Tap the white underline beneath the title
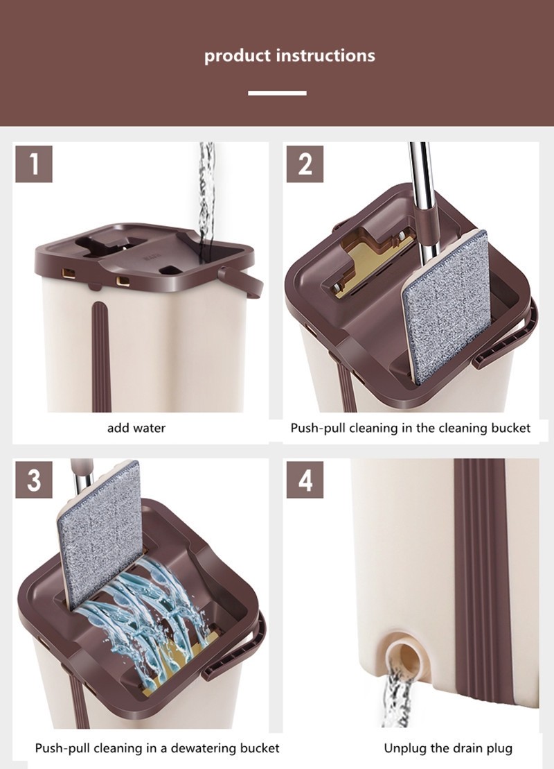pos(277,93)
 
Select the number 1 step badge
pos(34,164)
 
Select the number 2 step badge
pos(305,164)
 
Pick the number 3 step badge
pos(34,480)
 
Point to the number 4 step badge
pos(305,480)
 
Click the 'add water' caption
pos(136,428)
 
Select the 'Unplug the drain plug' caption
pos(448,748)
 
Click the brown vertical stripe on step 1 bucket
pos(102,356)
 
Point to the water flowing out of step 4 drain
pos(397,696)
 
